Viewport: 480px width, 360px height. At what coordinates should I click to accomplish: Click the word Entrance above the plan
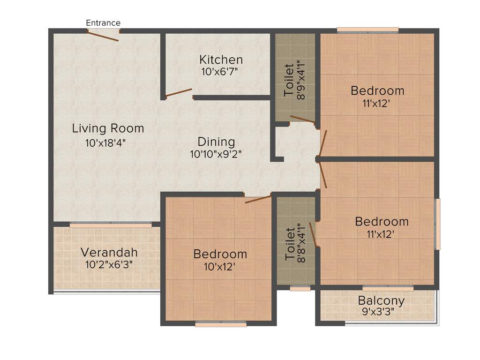point(103,22)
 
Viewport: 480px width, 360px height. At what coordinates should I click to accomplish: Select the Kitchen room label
point(221,60)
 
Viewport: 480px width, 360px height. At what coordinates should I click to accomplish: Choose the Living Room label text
point(108,128)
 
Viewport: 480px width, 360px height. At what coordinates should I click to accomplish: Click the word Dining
point(216,142)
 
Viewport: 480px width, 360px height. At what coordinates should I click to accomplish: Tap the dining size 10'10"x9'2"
point(216,154)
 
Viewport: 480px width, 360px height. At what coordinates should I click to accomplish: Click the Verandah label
point(109,252)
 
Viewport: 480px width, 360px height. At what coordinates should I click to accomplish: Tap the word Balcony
point(381,300)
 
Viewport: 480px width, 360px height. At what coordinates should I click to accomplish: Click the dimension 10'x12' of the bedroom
point(220,267)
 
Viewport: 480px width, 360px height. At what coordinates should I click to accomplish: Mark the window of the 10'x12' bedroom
point(220,323)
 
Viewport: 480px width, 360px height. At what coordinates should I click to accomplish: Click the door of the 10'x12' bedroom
point(258,199)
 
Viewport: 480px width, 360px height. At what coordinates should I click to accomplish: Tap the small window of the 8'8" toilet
point(300,288)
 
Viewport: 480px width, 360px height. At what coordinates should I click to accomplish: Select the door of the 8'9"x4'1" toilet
point(302,119)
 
